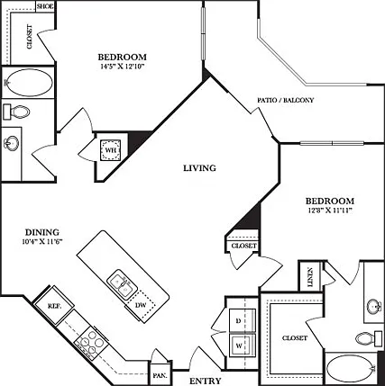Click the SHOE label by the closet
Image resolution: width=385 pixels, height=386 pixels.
pyautogui.click(x=45, y=6)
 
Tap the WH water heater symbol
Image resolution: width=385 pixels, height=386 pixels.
pyautogui.click(x=112, y=149)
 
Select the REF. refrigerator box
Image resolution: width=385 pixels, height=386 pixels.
pyautogui.click(x=54, y=305)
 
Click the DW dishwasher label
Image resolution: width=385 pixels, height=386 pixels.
pyautogui.click(x=141, y=305)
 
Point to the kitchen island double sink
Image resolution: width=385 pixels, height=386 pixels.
pyautogui.click(x=123, y=285)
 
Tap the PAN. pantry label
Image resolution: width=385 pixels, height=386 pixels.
pyautogui.click(x=158, y=376)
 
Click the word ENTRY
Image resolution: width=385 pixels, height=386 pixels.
pyautogui.click(x=206, y=381)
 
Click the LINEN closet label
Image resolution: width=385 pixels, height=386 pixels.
pyautogui.click(x=311, y=277)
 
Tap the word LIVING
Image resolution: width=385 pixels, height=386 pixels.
pyautogui.click(x=200, y=168)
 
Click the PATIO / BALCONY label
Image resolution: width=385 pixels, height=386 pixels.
pyautogui.click(x=285, y=100)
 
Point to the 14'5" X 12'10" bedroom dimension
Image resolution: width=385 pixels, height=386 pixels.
pyautogui.click(x=123, y=67)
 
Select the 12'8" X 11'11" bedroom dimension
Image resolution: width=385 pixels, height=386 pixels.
pyautogui.click(x=330, y=211)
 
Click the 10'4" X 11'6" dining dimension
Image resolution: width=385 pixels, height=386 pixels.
pyautogui.click(x=42, y=242)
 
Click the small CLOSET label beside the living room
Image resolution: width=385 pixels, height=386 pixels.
pyautogui.click(x=244, y=246)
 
